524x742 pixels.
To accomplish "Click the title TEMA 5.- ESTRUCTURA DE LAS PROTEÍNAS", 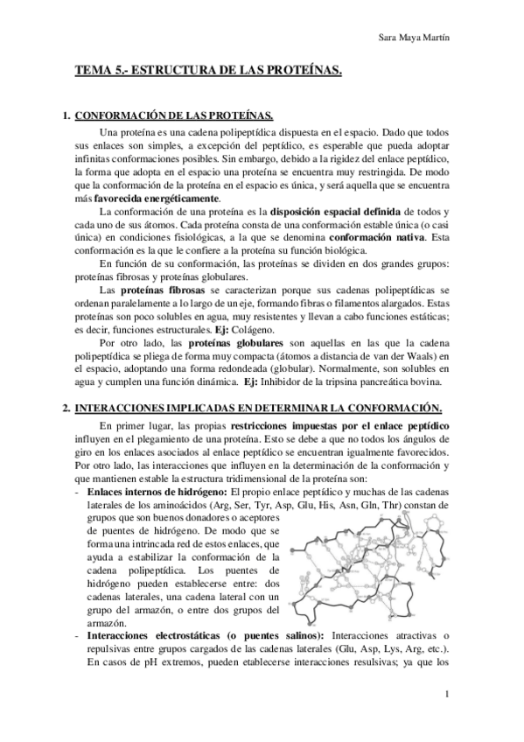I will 207,76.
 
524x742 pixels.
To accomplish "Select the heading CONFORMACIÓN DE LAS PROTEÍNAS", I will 175,115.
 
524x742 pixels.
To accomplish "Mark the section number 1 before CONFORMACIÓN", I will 66,115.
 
